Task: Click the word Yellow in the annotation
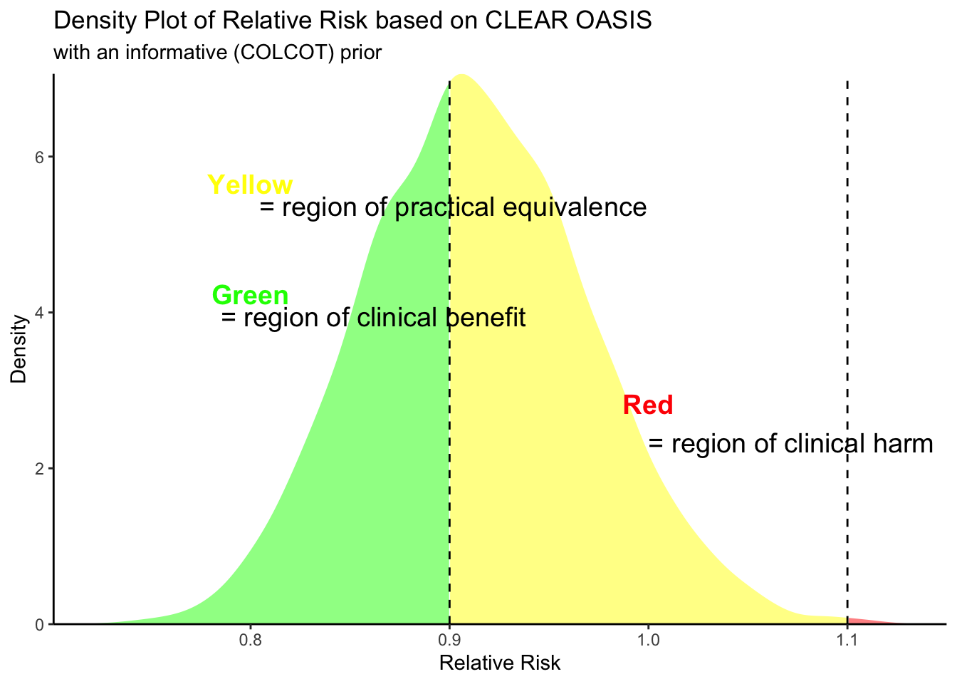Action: click(x=250, y=185)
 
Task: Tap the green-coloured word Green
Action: click(x=250, y=295)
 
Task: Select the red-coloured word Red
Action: click(x=647, y=405)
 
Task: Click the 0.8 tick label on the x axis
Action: click(x=250, y=640)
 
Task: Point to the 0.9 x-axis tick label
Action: click(x=449, y=640)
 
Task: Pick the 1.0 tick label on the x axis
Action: click(x=647, y=640)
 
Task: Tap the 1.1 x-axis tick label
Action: click(x=847, y=640)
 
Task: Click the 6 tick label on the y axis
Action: click(x=40, y=157)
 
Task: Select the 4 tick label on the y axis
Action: click(x=40, y=313)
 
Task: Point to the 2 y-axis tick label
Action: click(x=40, y=468)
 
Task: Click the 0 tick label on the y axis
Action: click(x=40, y=624)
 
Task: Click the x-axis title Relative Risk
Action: click(x=500, y=664)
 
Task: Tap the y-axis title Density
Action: click(x=19, y=349)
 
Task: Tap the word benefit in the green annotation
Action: click(x=486, y=318)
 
